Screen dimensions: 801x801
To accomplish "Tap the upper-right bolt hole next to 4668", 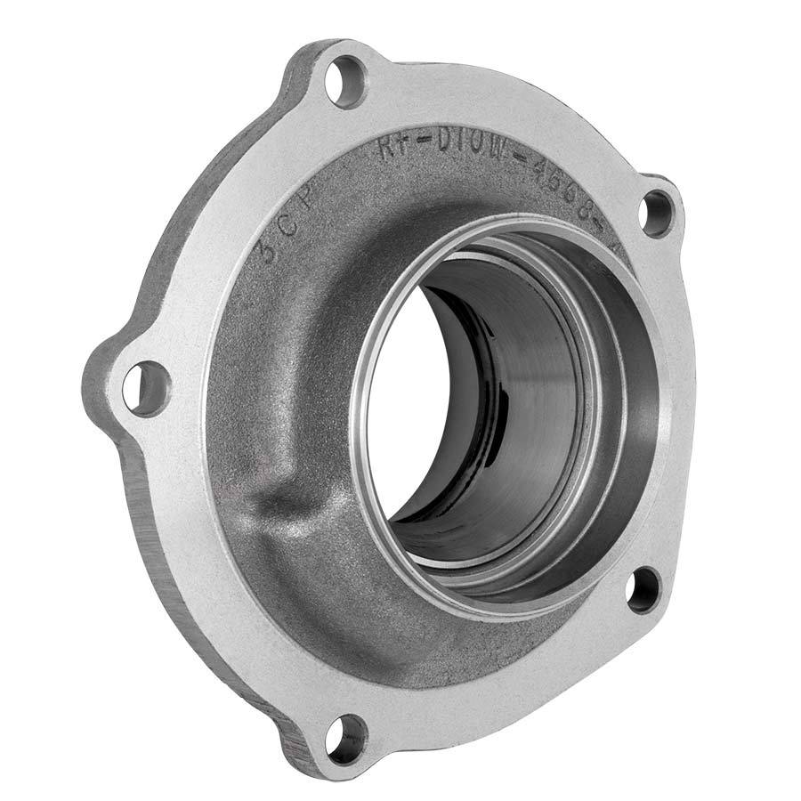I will (x=657, y=213).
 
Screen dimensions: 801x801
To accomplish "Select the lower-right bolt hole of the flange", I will (x=643, y=589).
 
